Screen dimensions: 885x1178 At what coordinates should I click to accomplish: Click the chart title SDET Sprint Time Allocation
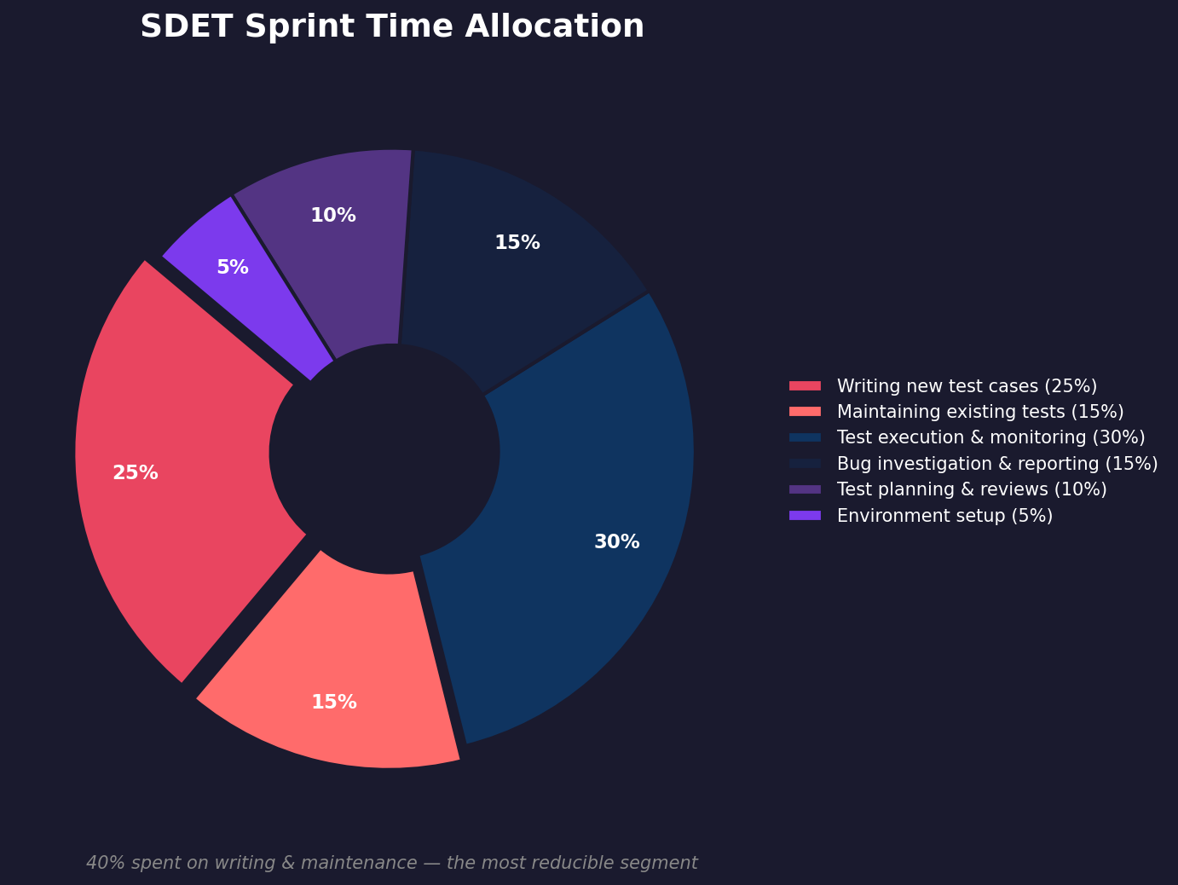click(x=392, y=26)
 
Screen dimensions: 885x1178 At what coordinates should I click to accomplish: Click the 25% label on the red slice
click(x=136, y=472)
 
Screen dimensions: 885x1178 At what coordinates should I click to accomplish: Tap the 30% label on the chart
click(x=616, y=541)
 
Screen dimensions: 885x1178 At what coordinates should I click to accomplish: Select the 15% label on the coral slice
click(x=334, y=702)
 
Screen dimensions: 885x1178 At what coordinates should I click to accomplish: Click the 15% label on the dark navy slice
click(x=517, y=242)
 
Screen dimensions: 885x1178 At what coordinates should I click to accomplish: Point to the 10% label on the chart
click(x=333, y=215)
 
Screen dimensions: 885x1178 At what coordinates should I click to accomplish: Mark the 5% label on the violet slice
click(x=232, y=267)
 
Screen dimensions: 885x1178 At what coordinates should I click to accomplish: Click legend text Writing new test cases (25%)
click(x=967, y=386)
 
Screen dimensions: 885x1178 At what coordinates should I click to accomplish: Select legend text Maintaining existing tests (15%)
click(x=980, y=412)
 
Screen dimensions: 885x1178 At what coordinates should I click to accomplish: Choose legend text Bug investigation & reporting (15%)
click(x=997, y=464)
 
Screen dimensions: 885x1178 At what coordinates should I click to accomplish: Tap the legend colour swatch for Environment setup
click(x=805, y=515)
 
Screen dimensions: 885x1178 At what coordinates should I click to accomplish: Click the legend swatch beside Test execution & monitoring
click(x=805, y=437)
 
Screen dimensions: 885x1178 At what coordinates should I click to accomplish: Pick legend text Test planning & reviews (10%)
click(x=972, y=489)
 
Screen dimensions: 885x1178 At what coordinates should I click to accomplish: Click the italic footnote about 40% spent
click(x=392, y=863)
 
